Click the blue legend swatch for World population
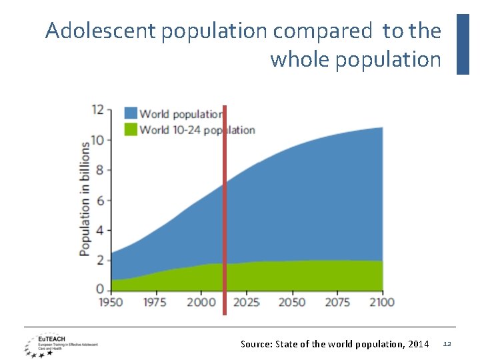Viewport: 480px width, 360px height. pyautogui.click(x=131, y=113)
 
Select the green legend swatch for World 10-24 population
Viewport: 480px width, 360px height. pyautogui.click(x=131, y=129)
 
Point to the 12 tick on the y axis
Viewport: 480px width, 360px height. pyautogui.click(x=97, y=109)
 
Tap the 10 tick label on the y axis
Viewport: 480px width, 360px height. pyautogui.click(x=97, y=140)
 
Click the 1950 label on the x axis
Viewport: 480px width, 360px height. pyautogui.click(x=111, y=303)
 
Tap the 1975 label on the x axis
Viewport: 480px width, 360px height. pyautogui.click(x=155, y=303)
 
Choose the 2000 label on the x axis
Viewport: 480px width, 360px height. pyautogui.click(x=201, y=303)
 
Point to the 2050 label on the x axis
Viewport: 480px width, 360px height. pyautogui.click(x=291, y=303)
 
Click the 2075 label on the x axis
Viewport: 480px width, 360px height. pyautogui.click(x=337, y=303)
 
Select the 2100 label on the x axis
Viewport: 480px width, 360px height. pyautogui.click(x=381, y=303)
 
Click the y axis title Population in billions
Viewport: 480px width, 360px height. pyautogui.click(x=85, y=198)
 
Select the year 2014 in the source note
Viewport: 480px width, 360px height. pyautogui.click(x=417, y=344)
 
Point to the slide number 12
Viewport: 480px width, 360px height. pyautogui.click(x=447, y=344)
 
